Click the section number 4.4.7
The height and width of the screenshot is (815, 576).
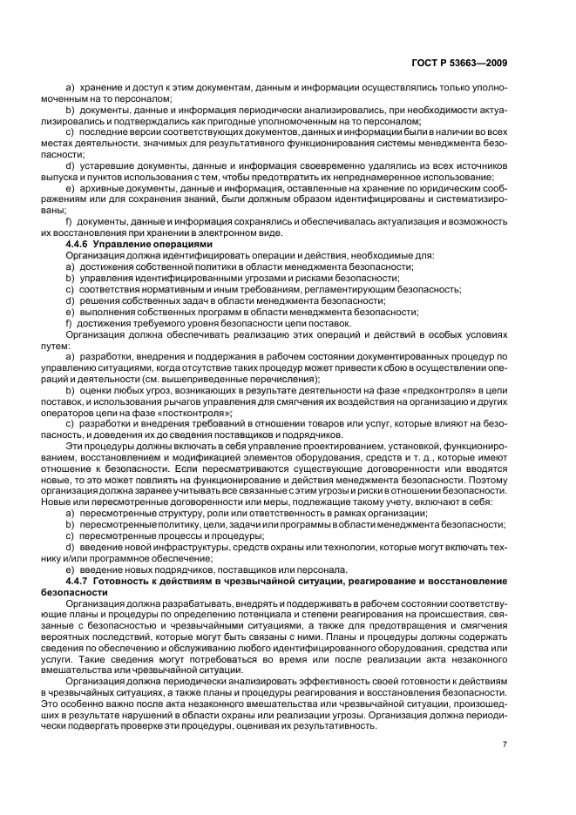coord(80,580)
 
